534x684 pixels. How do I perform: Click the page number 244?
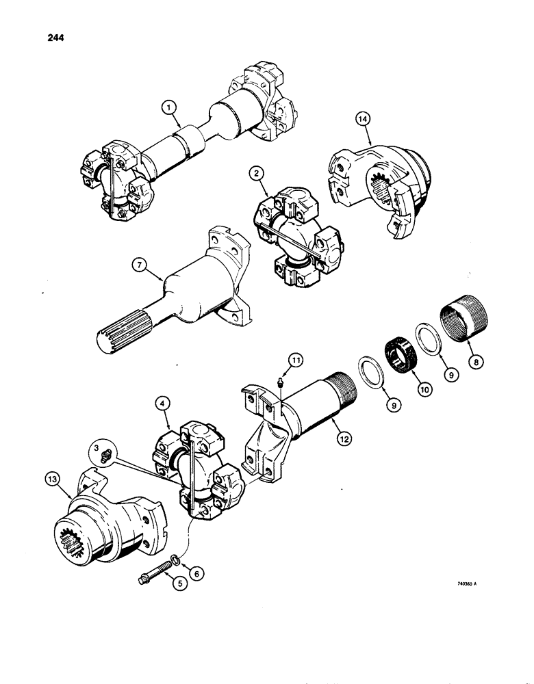tap(53, 38)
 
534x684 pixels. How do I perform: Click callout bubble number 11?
tap(294, 358)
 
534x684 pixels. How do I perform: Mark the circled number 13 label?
tap(60, 482)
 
